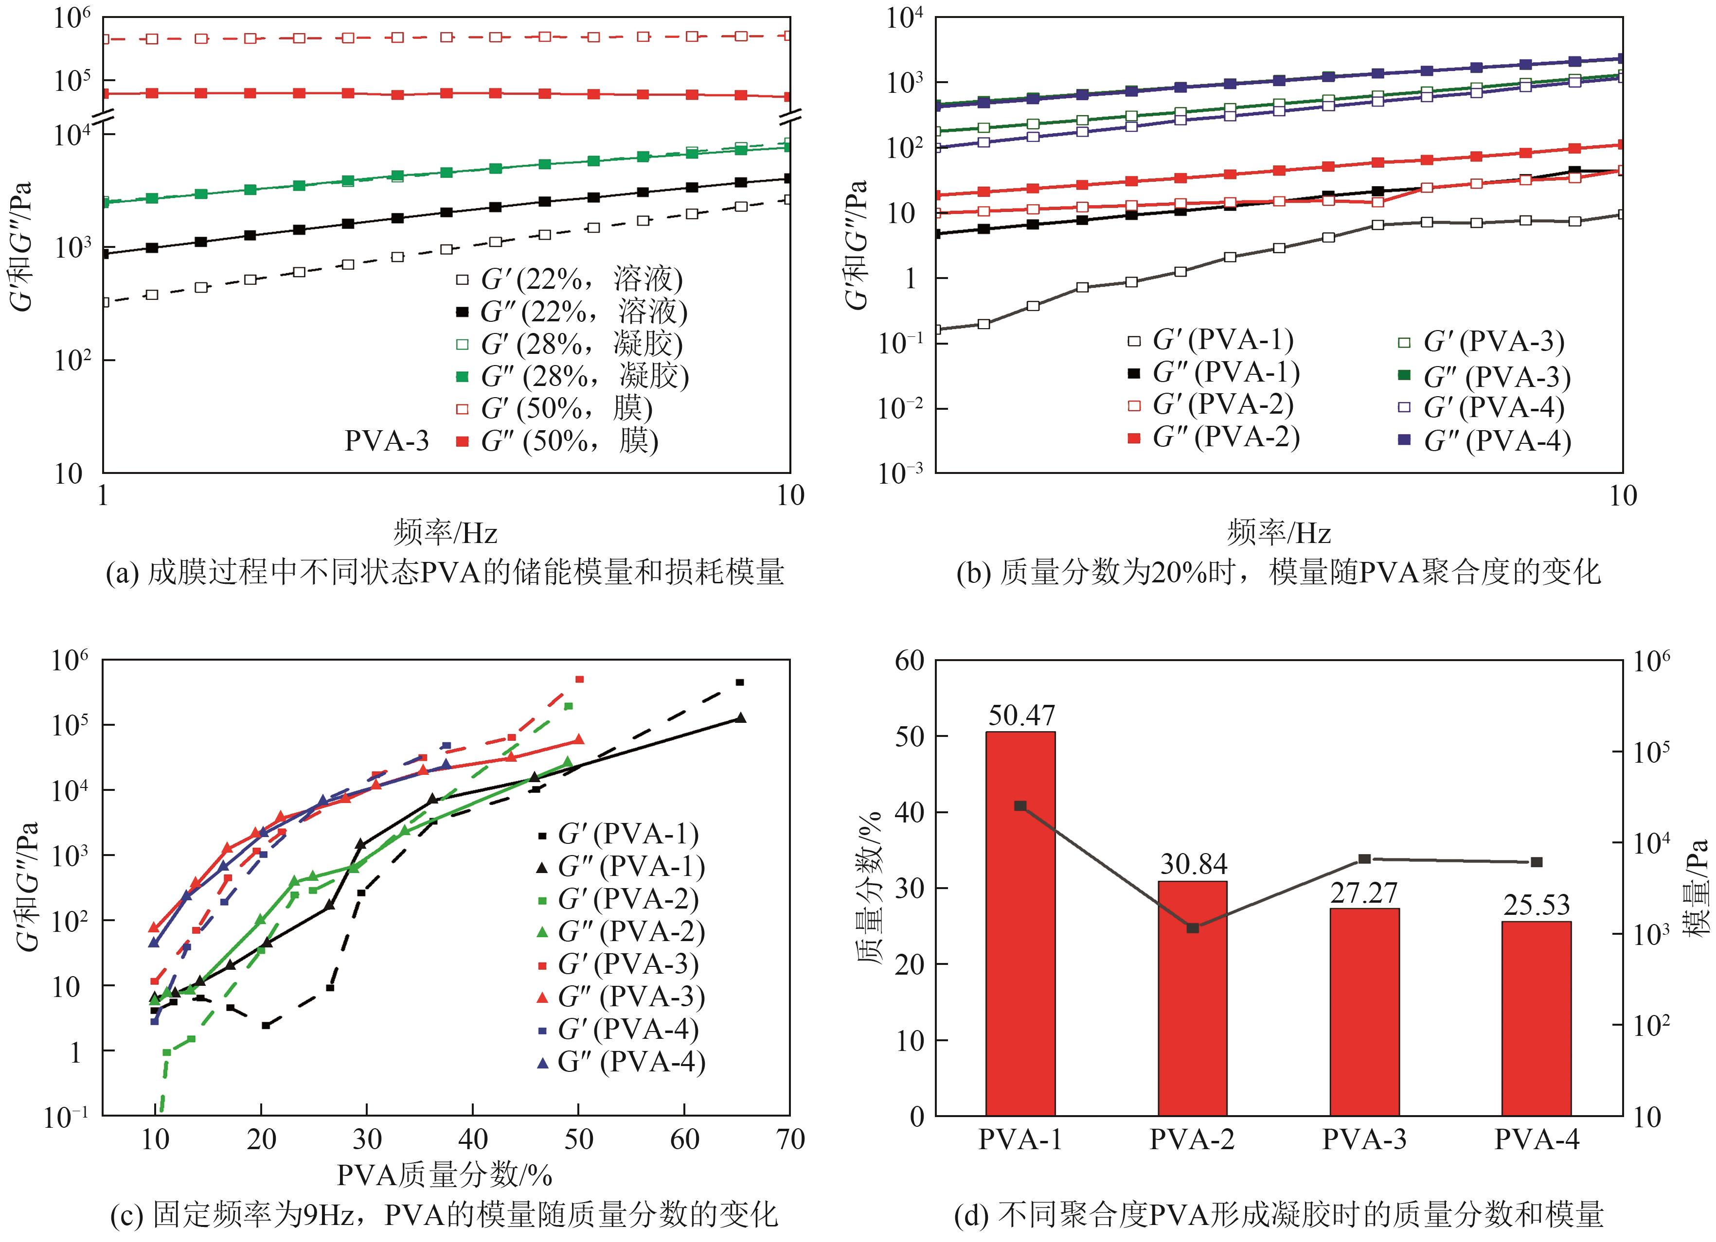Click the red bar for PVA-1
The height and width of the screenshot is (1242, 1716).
coord(1020,923)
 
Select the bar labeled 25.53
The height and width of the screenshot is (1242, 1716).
coord(1537,1017)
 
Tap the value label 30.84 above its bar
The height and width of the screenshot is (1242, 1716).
coord(1193,864)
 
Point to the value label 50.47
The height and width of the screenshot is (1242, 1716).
coord(1020,715)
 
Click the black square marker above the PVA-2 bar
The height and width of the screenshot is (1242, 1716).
coord(1193,928)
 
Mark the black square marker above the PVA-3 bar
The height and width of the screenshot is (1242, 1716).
coord(1365,858)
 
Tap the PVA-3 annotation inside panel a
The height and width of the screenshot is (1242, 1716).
coord(387,440)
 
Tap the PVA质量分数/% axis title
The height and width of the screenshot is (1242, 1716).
coord(445,1175)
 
